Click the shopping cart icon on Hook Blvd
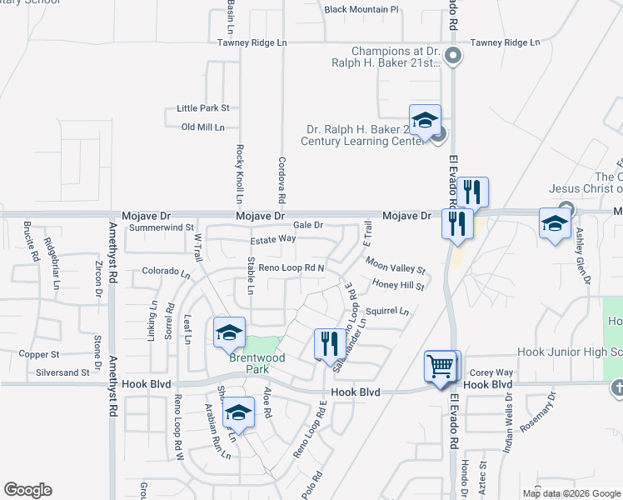pyautogui.click(x=441, y=364)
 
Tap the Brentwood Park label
pyautogui.click(x=257, y=363)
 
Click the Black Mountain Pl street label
pyautogui.click(x=362, y=10)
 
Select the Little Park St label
pyautogui.click(x=202, y=108)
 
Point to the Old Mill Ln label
pyautogui.click(x=203, y=127)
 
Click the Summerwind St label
pyautogui.click(x=161, y=227)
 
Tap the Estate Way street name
pyautogui.click(x=274, y=238)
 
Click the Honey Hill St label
pyautogui.click(x=399, y=286)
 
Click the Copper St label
pyautogui.click(x=38, y=354)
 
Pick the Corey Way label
pyautogui.click(x=491, y=372)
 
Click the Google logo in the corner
pyautogui.click(x=27, y=490)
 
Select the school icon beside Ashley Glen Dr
pyautogui.click(x=555, y=222)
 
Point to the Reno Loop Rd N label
pyautogui.click(x=291, y=267)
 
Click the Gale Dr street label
pyautogui.click(x=307, y=225)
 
